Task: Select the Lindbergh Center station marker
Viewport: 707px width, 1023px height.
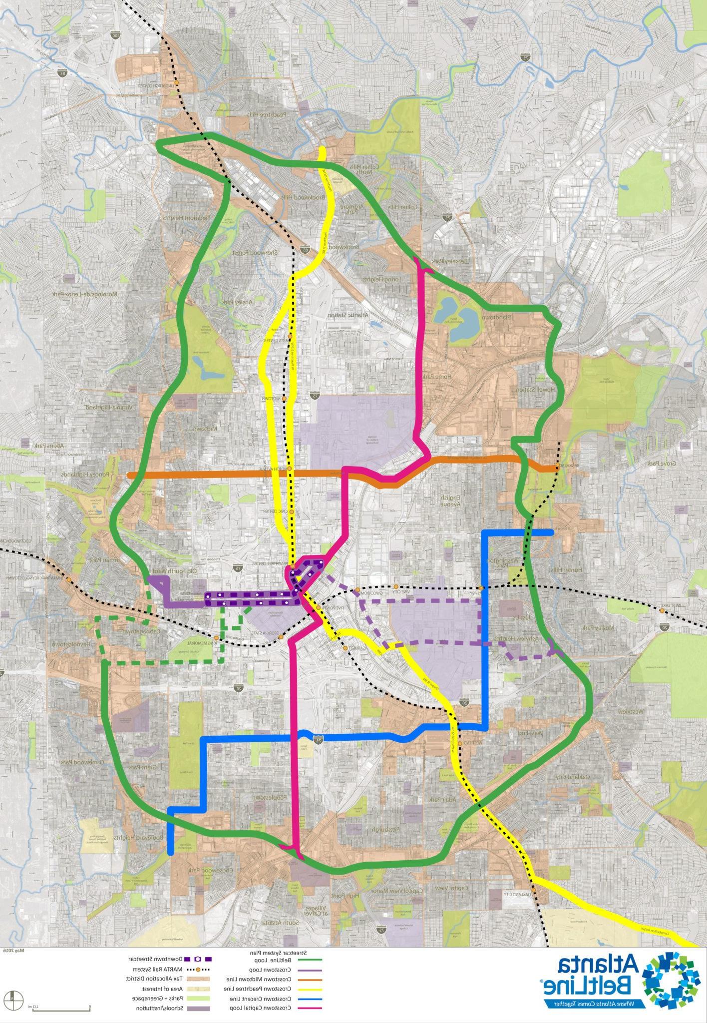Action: tap(176, 82)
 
